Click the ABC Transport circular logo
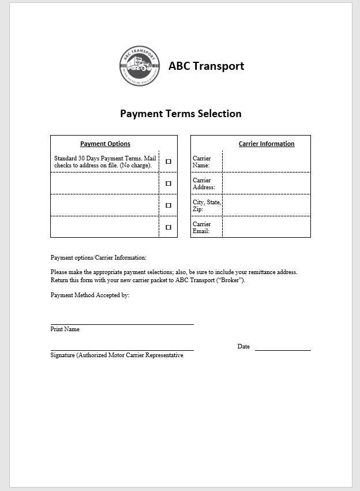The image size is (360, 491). (x=139, y=66)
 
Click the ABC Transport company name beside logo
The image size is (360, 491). (x=206, y=66)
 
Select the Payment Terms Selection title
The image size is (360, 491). (x=181, y=114)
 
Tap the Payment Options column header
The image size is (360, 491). (x=105, y=144)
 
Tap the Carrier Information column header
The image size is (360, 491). (x=267, y=144)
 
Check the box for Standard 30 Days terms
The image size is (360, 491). (x=168, y=162)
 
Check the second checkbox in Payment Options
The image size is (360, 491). (x=168, y=183)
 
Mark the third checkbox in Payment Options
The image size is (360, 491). (x=168, y=205)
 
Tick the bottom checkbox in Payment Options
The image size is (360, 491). (x=168, y=227)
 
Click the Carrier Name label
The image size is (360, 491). (x=202, y=162)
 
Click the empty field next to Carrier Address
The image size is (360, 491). (x=266, y=183)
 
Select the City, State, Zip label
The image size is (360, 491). (x=207, y=205)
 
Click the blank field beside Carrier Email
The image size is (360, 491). (x=266, y=227)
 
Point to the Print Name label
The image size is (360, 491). (x=65, y=329)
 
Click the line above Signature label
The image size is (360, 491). (x=122, y=350)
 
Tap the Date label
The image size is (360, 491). (x=243, y=347)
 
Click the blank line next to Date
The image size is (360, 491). (x=283, y=350)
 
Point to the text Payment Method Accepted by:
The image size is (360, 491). (x=90, y=295)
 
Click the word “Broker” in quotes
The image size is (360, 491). (x=231, y=280)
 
